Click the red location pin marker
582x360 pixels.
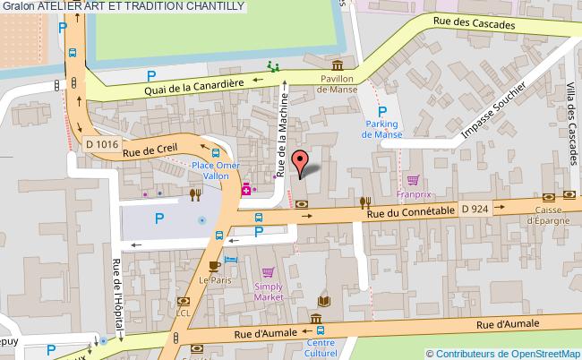point(304,161)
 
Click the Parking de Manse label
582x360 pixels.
point(382,129)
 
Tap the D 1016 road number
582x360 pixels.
point(102,142)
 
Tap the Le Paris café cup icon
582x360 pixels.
point(214,266)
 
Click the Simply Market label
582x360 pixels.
point(268,290)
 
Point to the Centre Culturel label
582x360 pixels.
point(321,347)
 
